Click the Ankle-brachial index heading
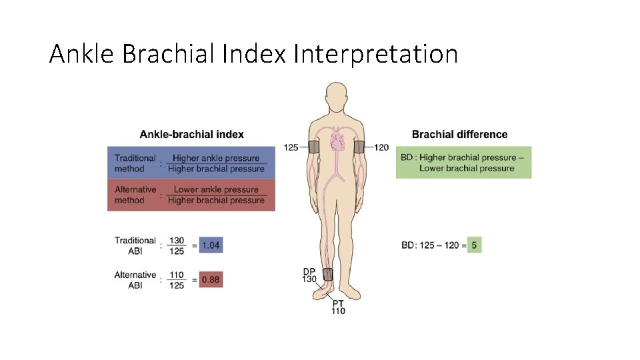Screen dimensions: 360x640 point(191,135)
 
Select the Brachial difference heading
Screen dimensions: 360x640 point(459,135)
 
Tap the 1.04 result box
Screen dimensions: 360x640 point(210,245)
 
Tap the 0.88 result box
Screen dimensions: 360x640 point(210,279)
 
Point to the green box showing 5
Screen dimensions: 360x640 point(474,245)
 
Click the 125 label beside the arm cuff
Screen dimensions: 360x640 point(291,147)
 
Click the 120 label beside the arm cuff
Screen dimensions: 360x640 point(381,147)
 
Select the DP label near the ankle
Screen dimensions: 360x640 point(309,271)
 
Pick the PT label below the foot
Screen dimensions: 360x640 point(338,303)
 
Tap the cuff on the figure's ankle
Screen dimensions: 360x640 point(327,275)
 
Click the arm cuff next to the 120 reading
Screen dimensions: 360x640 point(359,147)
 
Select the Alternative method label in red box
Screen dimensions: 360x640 point(135,195)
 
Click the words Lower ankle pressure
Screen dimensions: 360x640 point(216,190)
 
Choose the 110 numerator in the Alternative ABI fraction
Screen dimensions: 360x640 point(176,275)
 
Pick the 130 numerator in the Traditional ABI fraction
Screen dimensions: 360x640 point(176,241)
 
